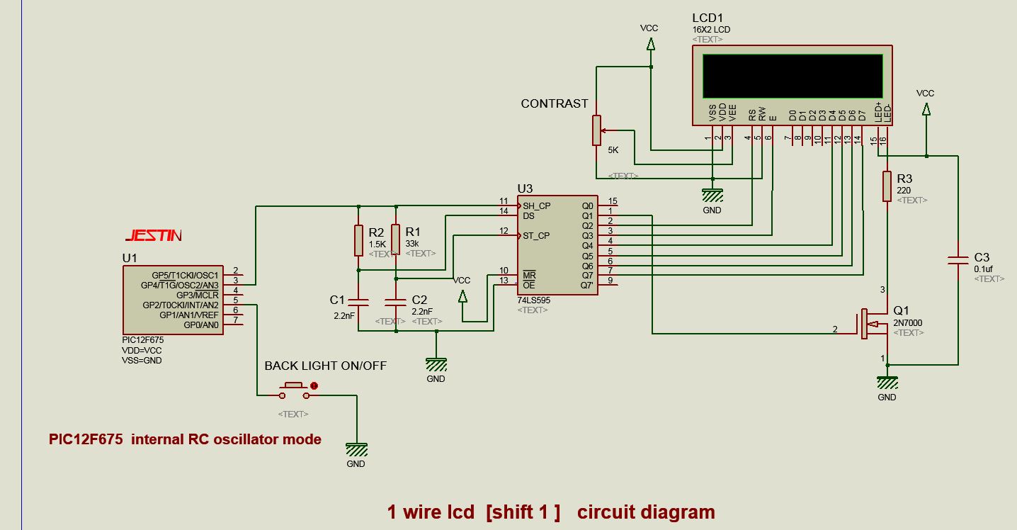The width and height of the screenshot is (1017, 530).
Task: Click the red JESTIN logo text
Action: click(x=153, y=235)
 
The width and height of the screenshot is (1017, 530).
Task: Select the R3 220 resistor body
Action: click(x=886, y=186)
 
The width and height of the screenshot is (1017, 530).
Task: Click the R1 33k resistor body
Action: click(x=395, y=239)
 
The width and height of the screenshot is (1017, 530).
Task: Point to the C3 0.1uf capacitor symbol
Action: click(x=958, y=261)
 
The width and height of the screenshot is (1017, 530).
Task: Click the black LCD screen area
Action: click(x=792, y=76)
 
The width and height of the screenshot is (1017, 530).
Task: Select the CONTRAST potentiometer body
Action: click(x=596, y=130)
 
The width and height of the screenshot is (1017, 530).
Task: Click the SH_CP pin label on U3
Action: click(x=536, y=205)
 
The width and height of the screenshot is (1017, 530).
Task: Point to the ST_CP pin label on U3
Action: click(x=536, y=235)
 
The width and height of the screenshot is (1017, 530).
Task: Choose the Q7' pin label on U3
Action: click(x=586, y=286)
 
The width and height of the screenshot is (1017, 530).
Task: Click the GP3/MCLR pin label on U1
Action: click(x=198, y=295)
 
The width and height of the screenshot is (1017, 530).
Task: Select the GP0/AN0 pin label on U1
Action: click(x=201, y=325)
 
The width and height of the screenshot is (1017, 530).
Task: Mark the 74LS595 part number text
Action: click(x=533, y=300)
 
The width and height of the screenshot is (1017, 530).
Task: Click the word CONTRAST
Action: click(x=555, y=103)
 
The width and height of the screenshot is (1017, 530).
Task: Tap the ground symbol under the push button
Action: click(x=356, y=450)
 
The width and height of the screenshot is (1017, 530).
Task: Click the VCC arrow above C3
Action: click(x=925, y=108)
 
